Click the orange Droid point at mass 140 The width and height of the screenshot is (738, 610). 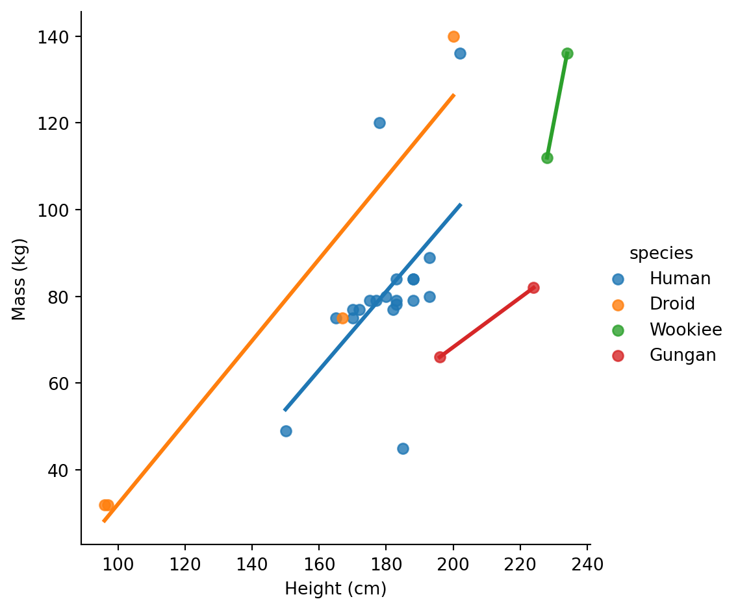coord(453,36)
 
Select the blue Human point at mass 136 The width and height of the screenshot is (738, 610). coord(460,53)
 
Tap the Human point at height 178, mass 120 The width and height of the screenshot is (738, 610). coord(379,123)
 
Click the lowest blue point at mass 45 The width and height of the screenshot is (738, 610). coord(403,448)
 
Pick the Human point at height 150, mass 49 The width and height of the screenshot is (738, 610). coord(286,431)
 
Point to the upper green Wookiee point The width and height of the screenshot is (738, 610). coord(567,53)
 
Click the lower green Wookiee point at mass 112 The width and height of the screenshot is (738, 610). coord(547,158)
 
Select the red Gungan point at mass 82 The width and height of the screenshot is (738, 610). coord(533,287)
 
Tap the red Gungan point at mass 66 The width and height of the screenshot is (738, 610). coord(440,357)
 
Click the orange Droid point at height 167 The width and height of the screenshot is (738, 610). coord(342,318)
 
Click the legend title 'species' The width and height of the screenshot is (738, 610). coord(661,253)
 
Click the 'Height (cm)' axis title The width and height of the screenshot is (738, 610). coord(335,589)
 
